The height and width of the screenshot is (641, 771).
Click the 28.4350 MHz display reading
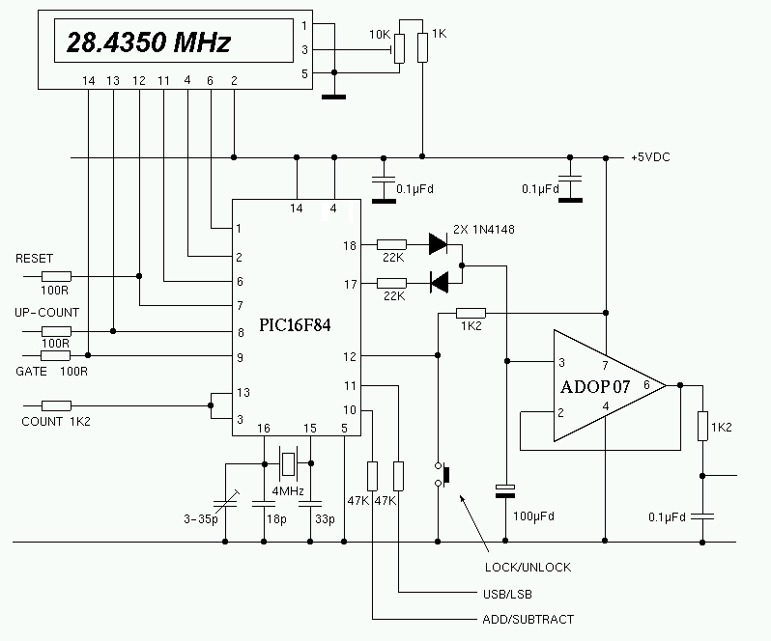tap(148, 43)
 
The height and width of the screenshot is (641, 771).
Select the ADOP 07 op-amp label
tap(596, 386)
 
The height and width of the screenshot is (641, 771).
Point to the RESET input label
tap(34, 259)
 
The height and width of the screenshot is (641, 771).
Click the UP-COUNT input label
tap(46, 313)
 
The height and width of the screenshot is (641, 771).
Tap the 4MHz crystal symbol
tap(289, 463)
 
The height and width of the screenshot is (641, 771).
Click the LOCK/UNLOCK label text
tap(528, 567)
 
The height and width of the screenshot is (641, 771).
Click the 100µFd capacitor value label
tap(533, 516)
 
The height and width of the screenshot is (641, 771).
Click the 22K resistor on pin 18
tap(391, 245)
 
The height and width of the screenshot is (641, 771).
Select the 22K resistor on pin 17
tap(391, 283)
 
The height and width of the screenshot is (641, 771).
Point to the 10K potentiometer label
tap(380, 35)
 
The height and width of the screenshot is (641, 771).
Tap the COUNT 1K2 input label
tap(56, 422)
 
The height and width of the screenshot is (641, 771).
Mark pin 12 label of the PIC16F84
tap(350, 356)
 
